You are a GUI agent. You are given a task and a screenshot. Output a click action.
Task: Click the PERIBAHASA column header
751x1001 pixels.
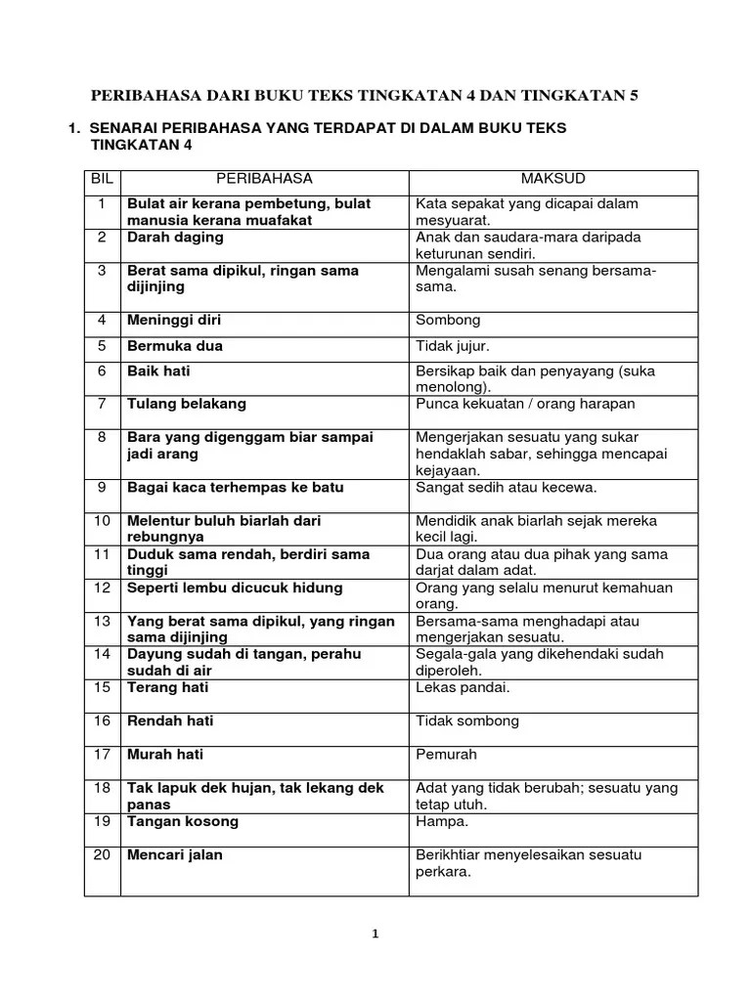[x=264, y=179]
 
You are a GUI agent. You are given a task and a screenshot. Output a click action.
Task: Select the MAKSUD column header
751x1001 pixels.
[x=552, y=179]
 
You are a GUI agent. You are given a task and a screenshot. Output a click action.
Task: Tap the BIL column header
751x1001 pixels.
[x=102, y=179]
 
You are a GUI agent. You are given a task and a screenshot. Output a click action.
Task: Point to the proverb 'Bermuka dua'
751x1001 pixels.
[x=175, y=346]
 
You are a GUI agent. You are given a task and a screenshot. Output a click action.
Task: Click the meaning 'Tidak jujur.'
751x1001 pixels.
[x=453, y=346]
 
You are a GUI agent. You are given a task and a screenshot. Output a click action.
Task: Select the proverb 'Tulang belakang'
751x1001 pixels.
[x=187, y=404]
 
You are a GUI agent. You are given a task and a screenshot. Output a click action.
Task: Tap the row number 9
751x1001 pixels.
[x=102, y=487]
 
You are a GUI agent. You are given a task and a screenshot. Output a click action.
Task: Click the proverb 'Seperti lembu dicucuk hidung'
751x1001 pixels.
[x=235, y=588]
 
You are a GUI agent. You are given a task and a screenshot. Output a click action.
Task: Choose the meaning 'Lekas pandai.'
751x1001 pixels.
[x=463, y=687]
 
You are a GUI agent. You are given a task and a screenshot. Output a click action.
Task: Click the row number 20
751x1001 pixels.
[x=102, y=855]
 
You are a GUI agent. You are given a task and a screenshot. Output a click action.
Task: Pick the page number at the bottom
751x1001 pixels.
[x=375, y=934]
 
